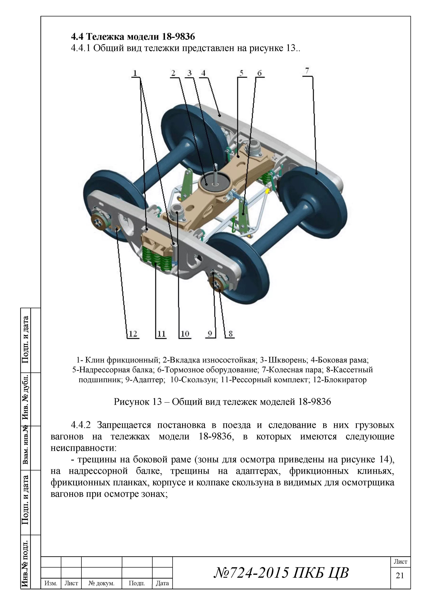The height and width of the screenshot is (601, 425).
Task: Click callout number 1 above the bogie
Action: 135,73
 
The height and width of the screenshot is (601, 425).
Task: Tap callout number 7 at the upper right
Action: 307,71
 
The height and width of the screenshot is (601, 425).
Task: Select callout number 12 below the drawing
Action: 133,334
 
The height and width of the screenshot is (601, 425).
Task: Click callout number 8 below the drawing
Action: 230,334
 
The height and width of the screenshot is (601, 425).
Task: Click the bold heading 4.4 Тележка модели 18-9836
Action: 133,36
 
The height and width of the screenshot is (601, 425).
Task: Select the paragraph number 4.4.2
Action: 81,425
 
